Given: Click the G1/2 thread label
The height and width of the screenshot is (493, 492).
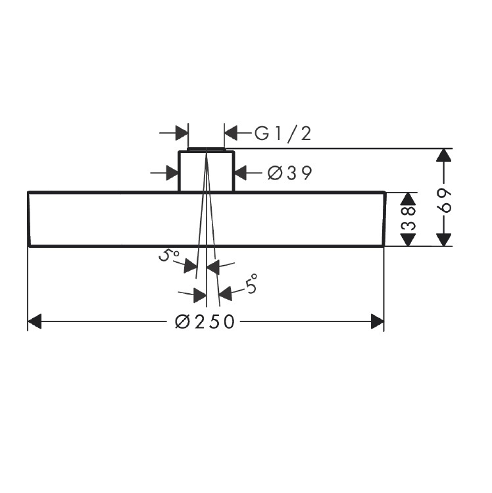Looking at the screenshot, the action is [282, 133].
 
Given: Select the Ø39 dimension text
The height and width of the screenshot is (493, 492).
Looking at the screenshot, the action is [289, 173].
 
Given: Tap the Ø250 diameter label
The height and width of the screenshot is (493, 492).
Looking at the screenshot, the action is [205, 321].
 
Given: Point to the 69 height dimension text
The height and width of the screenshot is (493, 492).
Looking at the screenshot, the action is [446, 201].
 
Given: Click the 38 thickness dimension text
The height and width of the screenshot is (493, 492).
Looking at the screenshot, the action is [408, 219].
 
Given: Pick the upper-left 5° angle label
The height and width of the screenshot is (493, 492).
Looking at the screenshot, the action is [168, 255].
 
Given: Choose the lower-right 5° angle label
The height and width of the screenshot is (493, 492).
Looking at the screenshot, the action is [251, 284].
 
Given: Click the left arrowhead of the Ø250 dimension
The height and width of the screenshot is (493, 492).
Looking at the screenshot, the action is [34, 321].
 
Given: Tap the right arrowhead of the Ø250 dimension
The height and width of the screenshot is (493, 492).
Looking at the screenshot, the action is [377, 321].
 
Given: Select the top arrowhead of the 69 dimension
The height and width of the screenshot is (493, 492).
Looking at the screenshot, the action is [443, 155].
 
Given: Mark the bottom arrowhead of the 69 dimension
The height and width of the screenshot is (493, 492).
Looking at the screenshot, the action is [443, 239].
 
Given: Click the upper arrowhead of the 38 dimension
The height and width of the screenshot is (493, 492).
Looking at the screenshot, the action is [408, 199].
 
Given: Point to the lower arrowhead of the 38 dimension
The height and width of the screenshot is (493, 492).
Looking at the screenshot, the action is [408, 240].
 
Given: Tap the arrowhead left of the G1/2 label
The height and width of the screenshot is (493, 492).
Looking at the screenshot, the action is [231, 133].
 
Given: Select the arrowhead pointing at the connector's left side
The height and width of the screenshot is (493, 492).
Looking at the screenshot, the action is [172, 173].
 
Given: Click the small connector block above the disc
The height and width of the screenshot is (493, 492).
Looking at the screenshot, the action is [207, 172].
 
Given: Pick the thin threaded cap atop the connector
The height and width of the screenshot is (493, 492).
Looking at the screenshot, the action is [206, 149].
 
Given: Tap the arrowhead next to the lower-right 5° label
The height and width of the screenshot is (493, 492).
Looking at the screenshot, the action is [226, 294].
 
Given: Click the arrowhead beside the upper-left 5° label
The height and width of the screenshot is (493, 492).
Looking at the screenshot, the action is [190, 266].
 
